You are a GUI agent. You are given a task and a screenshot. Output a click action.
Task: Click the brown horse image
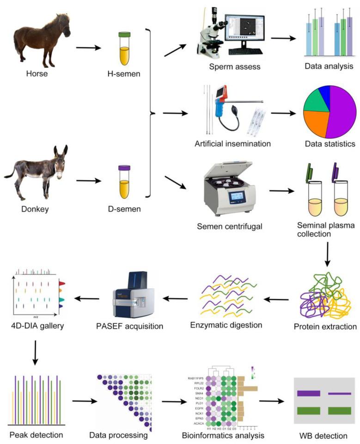(x=42, y=39)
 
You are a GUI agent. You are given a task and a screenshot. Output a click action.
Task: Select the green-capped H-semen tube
(x=124, y=48)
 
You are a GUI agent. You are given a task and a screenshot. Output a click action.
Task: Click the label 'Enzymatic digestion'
(x=226, y=324)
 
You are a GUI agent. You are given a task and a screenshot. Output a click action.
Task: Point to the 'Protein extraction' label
(x=325, y=327)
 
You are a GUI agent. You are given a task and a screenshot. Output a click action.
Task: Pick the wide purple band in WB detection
(x=308, y=394)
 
